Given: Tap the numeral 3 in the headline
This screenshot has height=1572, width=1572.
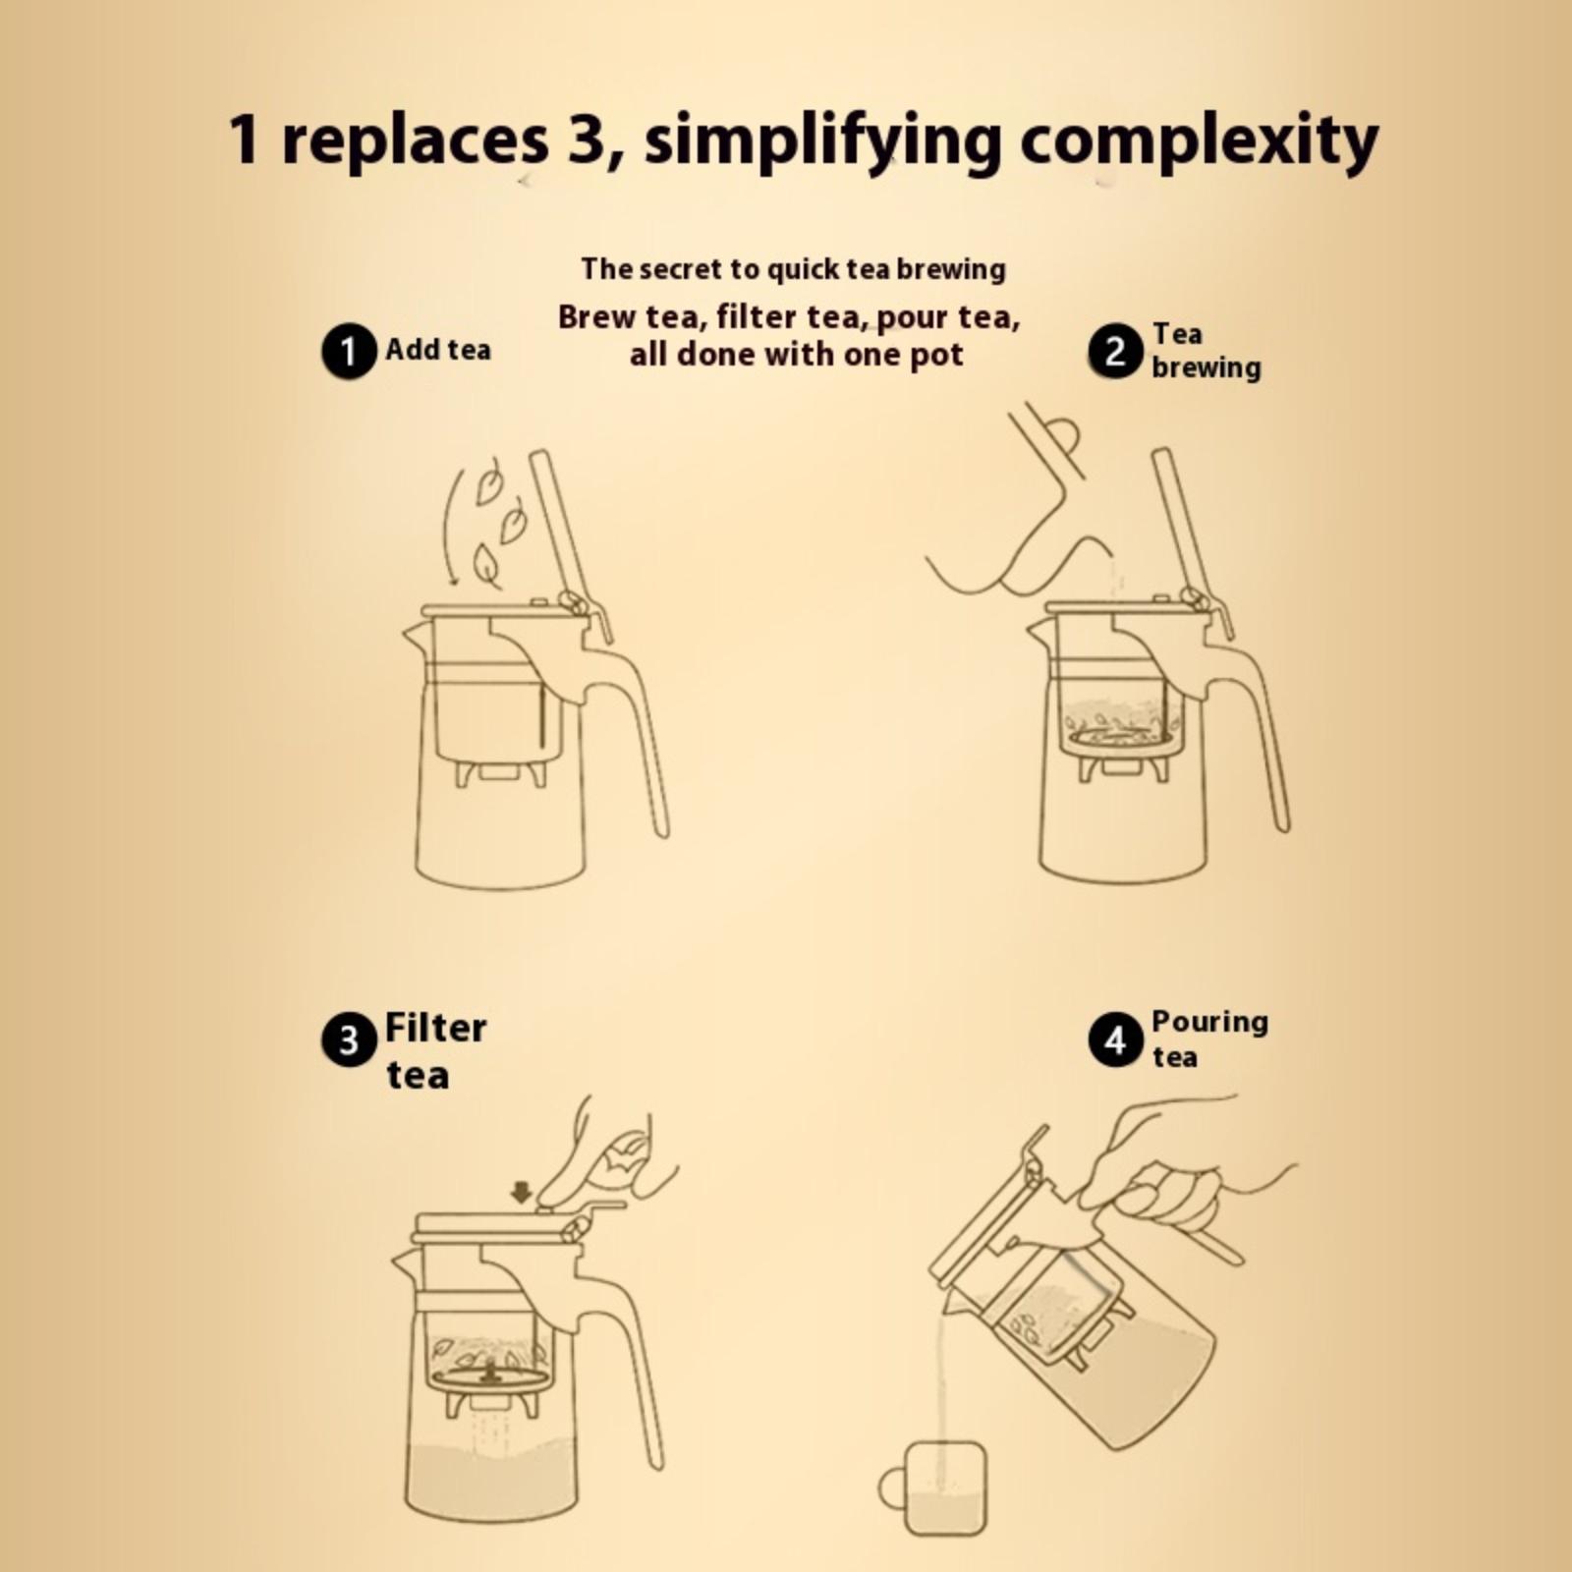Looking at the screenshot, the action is (588, 139).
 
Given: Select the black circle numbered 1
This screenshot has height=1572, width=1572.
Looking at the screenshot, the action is (349, 351).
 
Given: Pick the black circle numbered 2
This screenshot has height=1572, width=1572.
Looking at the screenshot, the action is (1115, 351).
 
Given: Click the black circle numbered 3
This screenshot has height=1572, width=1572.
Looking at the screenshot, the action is (349, 1040).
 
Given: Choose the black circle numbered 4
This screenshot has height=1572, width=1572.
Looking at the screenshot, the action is (1115, 1040).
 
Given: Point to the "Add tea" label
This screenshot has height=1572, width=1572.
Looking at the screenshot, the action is (437, 349).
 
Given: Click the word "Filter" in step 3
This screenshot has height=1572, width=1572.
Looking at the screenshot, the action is (435, 1029).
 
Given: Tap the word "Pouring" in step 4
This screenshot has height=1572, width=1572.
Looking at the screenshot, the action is (1209, 1024).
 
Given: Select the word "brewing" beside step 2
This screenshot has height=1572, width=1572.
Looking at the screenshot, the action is (1207, 368).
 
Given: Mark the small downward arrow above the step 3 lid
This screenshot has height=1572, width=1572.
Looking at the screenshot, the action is (521, 1193).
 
